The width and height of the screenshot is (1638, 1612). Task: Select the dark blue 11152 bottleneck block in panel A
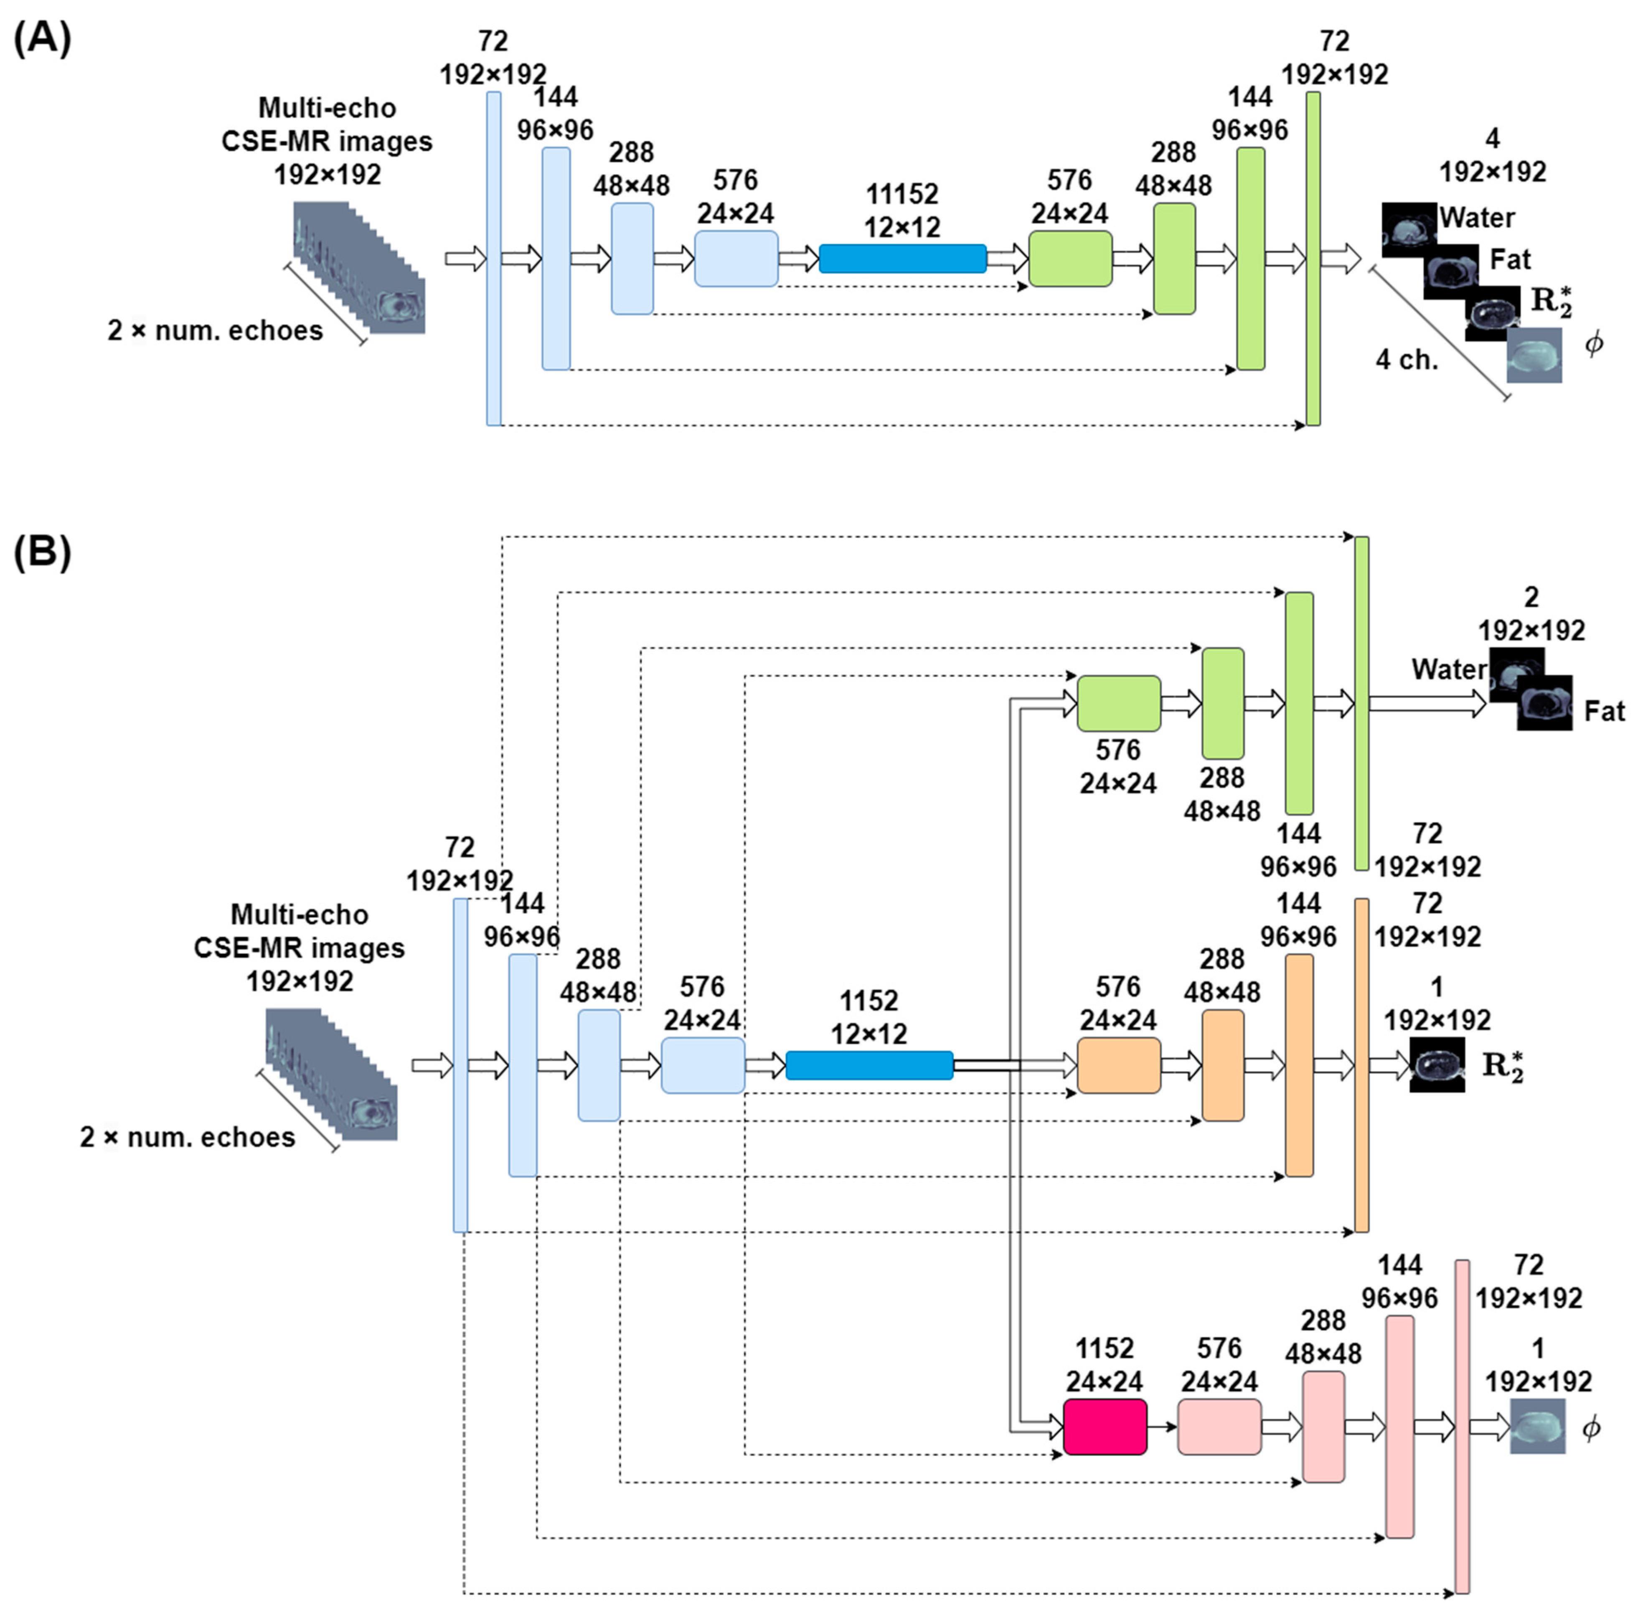click(902, 258)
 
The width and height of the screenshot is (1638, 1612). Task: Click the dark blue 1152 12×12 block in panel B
click(869, 1065)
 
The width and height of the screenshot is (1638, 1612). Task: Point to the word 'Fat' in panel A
click(1510, 259)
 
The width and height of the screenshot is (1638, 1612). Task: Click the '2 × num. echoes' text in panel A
click(215, 330)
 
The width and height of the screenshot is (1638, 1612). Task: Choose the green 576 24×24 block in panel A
click(1070, 258)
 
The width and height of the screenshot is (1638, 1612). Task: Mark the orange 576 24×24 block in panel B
click(1118, 1065)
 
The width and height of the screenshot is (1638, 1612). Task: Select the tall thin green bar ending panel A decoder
click(1313, 258)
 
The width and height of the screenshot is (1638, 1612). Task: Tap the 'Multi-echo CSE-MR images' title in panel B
click(299, 931)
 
